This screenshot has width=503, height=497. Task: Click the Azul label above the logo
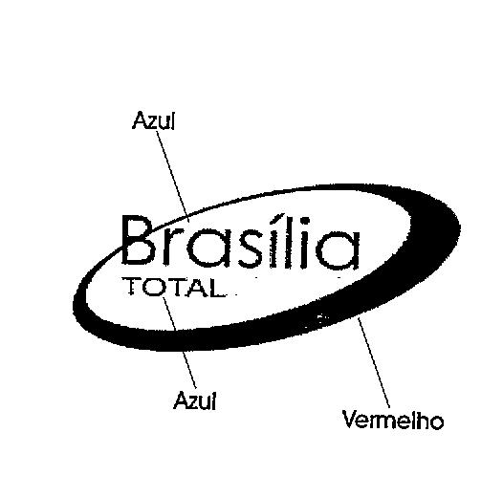point(154,120)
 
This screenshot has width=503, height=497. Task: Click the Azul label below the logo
point(195,400)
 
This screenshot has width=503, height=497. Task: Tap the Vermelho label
point(393,420)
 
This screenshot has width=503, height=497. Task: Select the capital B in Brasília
point(139,240)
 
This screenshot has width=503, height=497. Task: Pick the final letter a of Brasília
point(339,249)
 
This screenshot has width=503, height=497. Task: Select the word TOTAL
point(173,288)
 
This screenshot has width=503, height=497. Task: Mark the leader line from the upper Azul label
point(172,176)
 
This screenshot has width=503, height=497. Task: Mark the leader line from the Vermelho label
point(374,362)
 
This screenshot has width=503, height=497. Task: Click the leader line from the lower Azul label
point(180,343)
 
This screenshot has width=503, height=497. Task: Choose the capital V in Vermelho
point(350,419)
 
